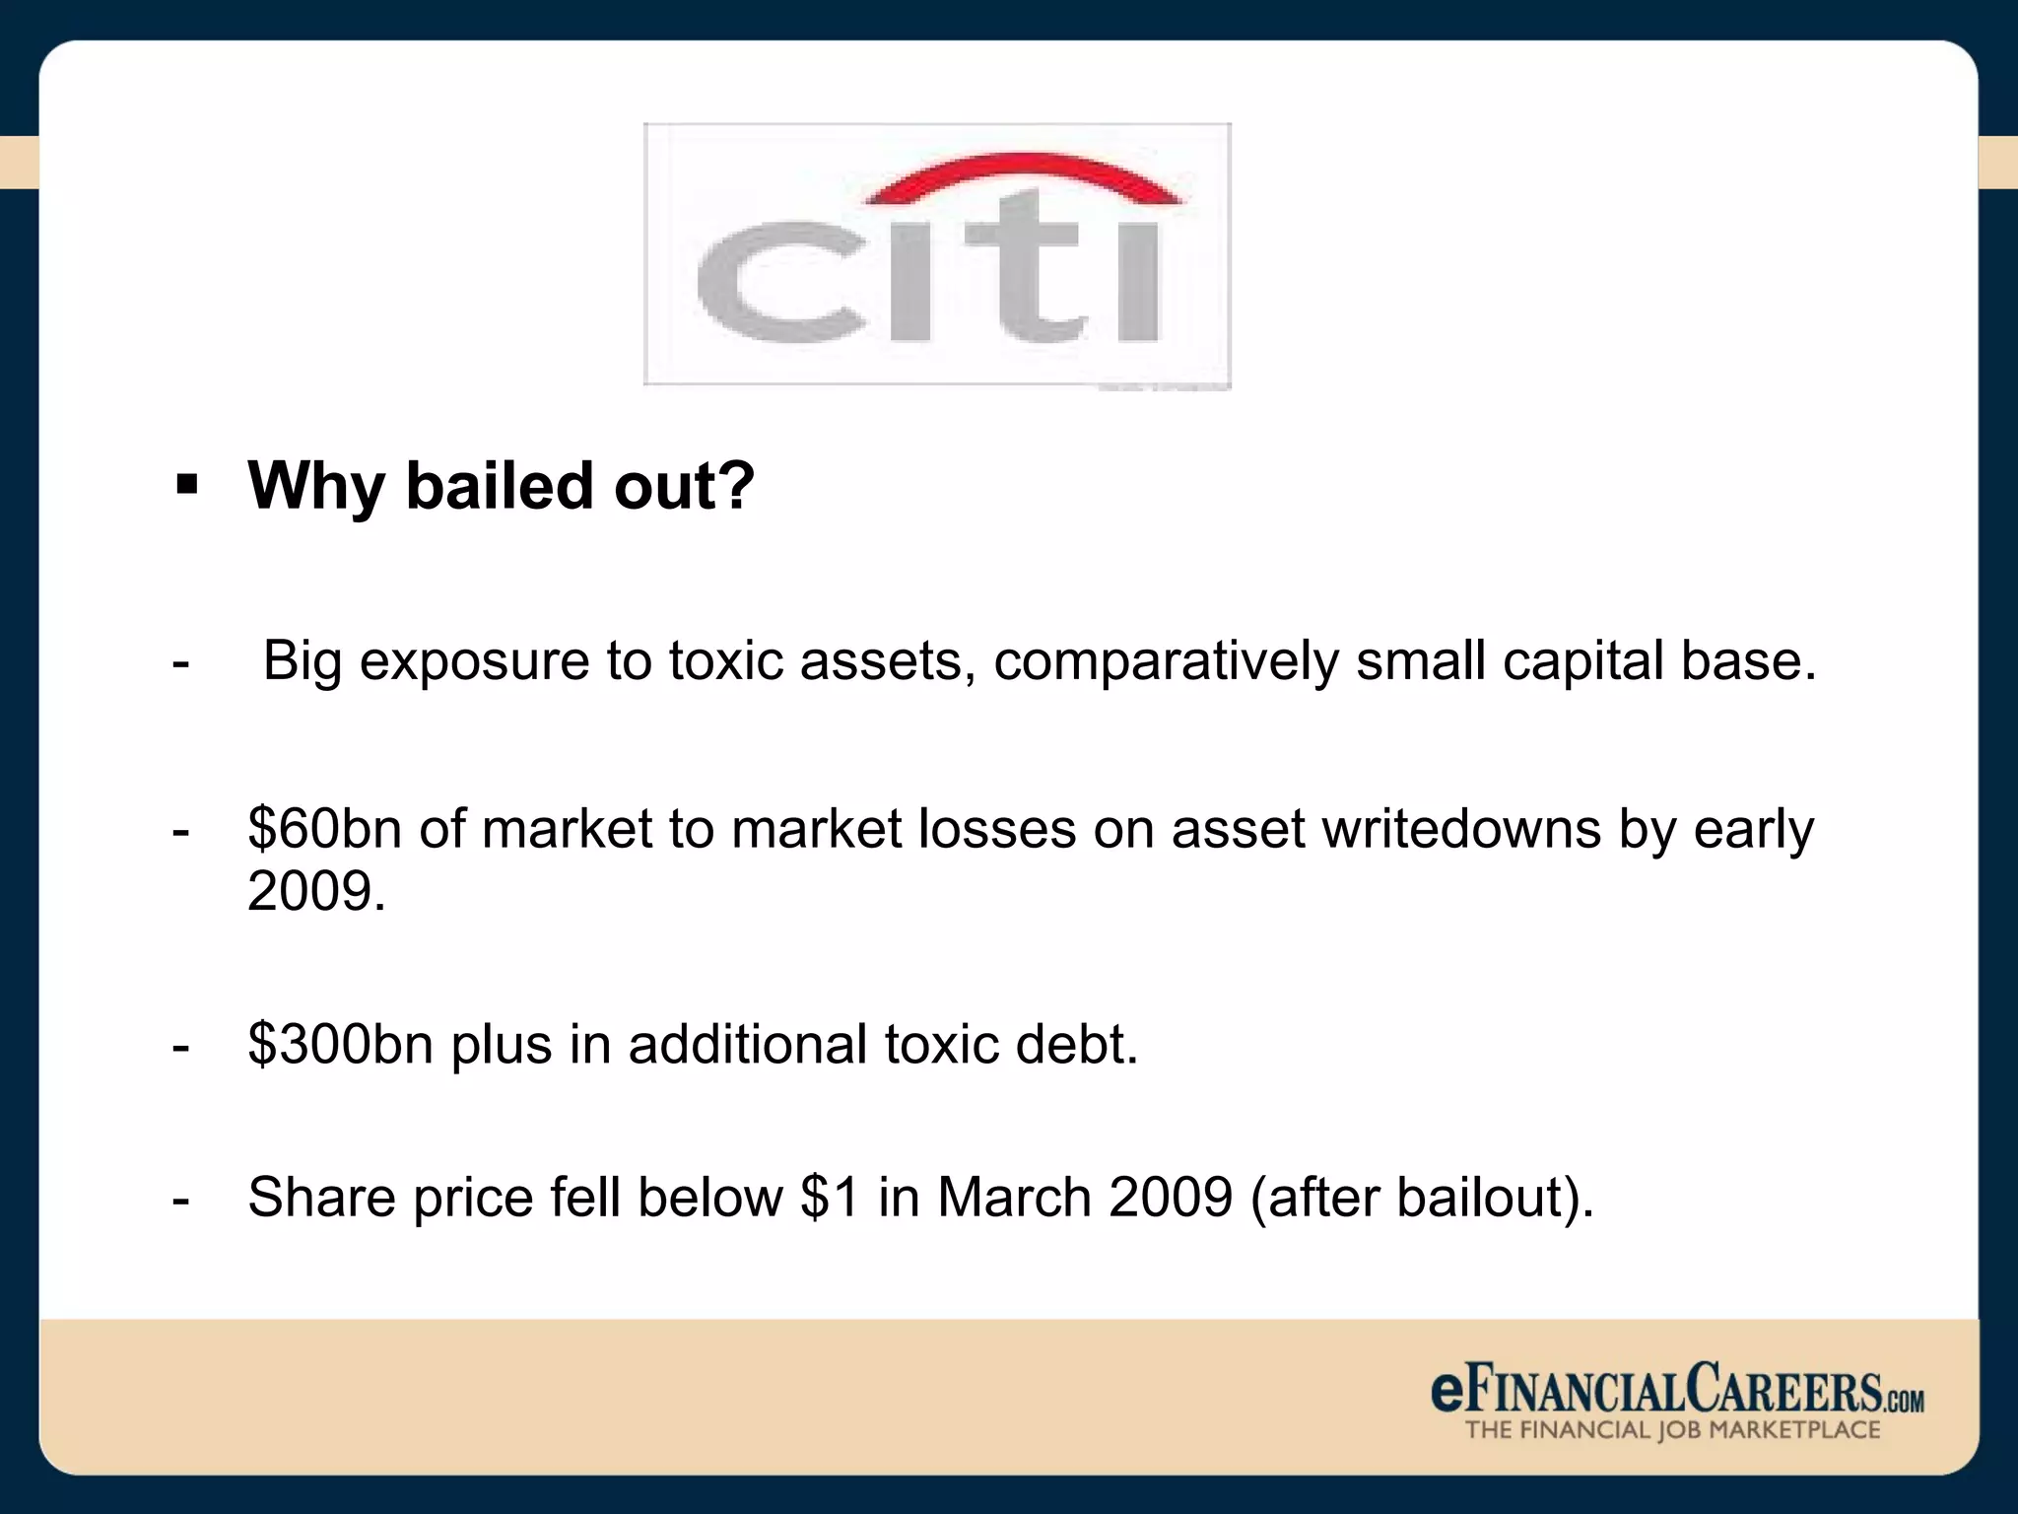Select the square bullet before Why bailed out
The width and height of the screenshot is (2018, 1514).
click(x=187, y=485)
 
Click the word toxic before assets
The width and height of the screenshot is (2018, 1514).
click(x=725, y=660)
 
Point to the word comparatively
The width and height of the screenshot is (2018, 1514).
click(x=1166, y=662)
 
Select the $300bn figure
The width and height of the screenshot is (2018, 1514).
click(x=340, y=1044)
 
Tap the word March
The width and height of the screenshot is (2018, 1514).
click(x=1014, y=1198)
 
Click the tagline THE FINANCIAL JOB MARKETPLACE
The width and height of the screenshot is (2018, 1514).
click(x=1672, y=1430)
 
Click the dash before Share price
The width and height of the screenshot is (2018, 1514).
click(x=180, y=1200)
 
